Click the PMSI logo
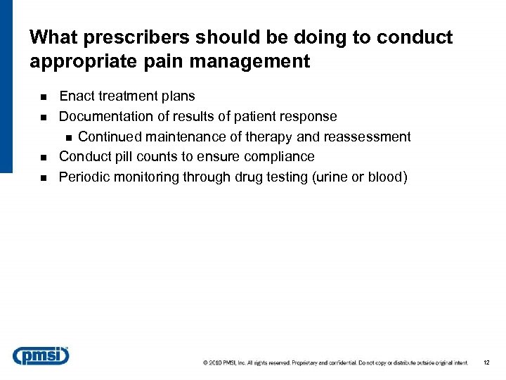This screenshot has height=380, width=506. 41,355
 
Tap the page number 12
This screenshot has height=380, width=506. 486,363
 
